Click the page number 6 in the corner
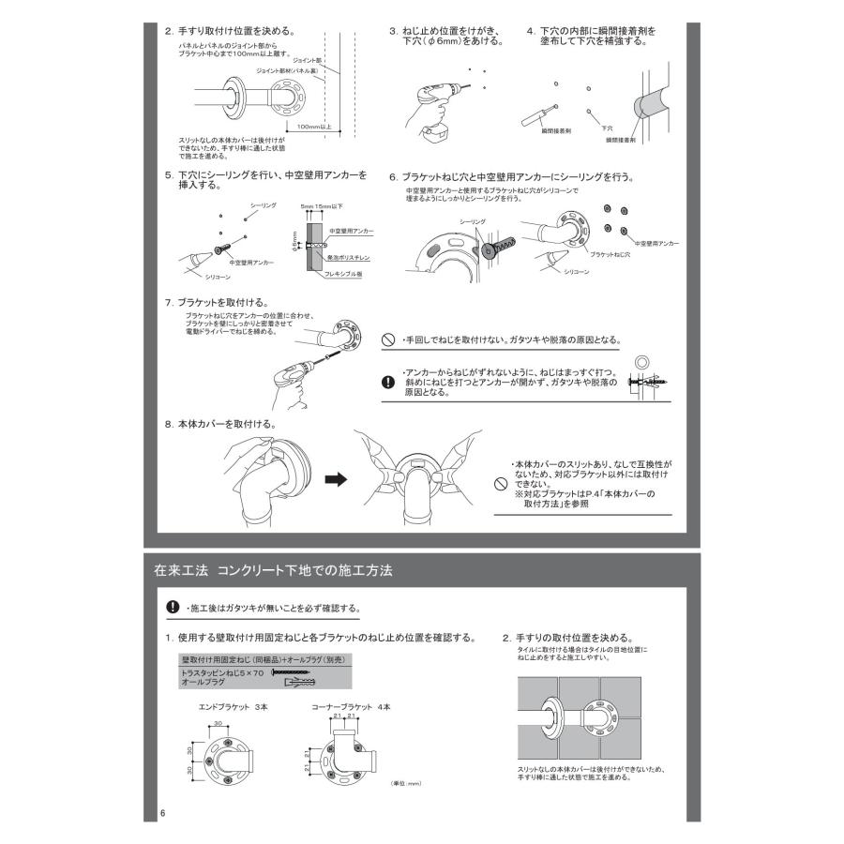point(162,812)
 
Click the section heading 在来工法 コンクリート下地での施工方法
point(272,570)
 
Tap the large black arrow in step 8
point(335,479)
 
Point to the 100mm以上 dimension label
point(312,125)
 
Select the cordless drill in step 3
point(434,105)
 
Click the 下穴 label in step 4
point(607,128)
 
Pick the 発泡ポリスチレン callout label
point(350,256)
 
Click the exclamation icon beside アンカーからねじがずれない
point(388,382)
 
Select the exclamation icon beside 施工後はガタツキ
point(173,607)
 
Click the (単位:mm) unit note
point(404,795)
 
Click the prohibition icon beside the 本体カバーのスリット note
point(500,484)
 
